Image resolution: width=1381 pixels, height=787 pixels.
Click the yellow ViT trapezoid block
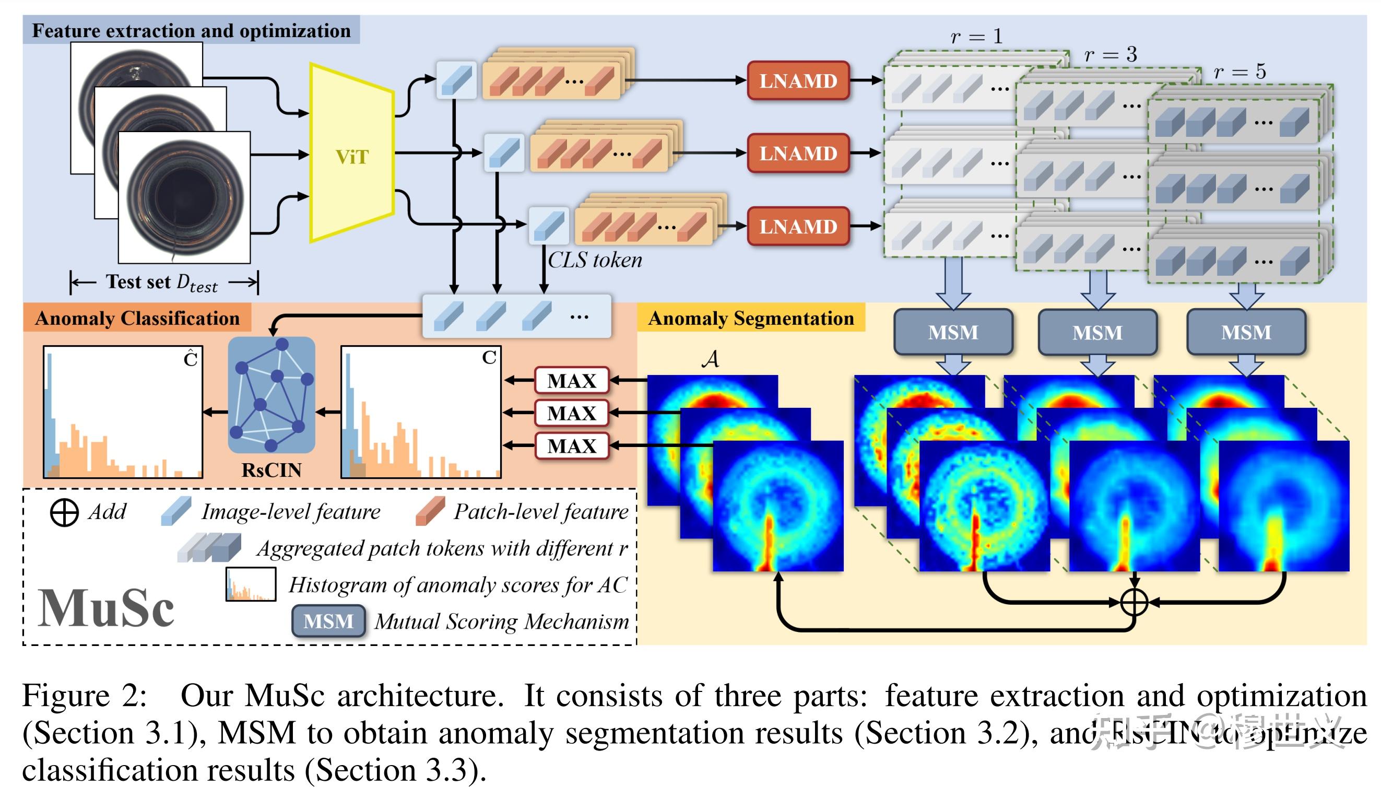tap(351, 154)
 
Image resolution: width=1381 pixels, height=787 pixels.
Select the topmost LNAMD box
tap(797, 80)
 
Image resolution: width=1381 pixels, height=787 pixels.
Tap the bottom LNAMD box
tap(797, 226)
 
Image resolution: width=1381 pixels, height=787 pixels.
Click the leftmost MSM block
tap(952, 332)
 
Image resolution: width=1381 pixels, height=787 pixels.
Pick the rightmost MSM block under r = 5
tap(1245, 332)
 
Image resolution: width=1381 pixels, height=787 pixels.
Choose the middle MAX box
tap(571, 413)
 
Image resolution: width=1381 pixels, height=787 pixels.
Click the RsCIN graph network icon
tap(271, 395)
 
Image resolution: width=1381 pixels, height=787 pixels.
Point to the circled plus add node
tap(1134, 602)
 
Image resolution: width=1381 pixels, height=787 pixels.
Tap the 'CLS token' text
tap(594, 261)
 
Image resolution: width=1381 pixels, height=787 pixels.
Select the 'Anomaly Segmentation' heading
tap(750, 318)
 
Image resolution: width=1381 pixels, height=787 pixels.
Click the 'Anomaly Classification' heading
tap(137, 318)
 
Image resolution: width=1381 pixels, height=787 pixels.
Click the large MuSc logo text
tap(107, 608)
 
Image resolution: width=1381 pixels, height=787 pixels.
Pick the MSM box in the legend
tap(328, 620)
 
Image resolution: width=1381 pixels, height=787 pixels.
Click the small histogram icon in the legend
tap(251, 584)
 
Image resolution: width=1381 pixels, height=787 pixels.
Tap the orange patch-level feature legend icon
tap(430, 511)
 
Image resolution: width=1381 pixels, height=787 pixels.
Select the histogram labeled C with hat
tap(123, 412)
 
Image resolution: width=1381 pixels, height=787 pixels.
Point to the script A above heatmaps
tap(711, 359)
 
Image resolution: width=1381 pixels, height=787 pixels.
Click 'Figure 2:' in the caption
tap(84, 696)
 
